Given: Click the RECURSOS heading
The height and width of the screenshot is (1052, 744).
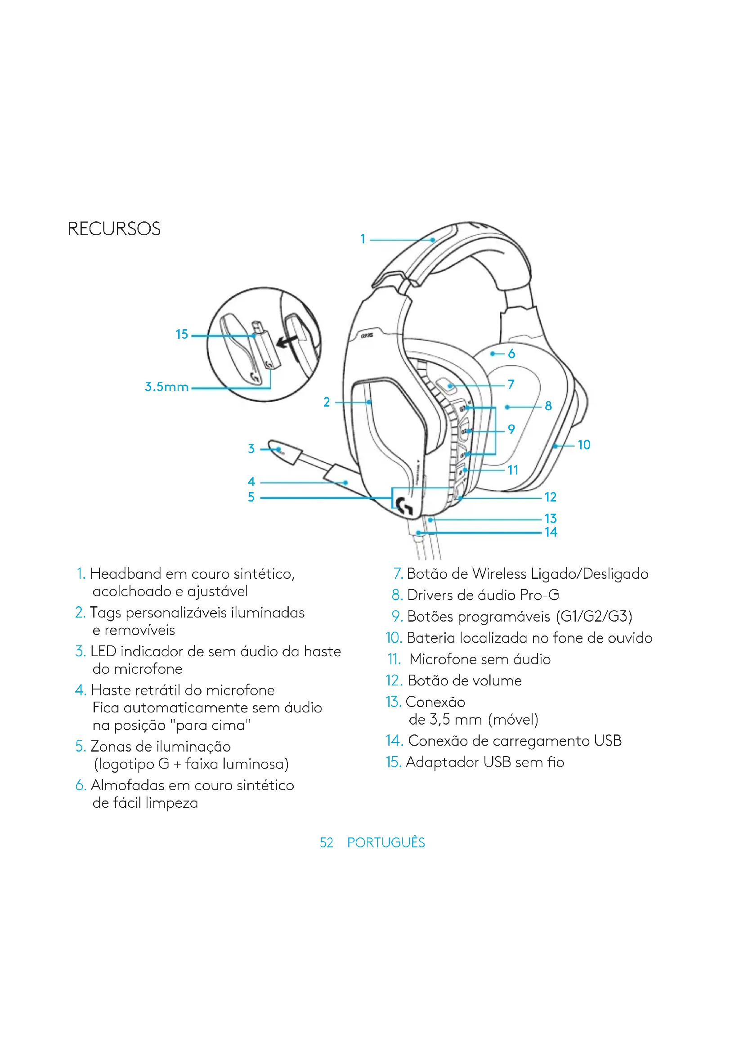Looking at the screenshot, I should coord(114,228).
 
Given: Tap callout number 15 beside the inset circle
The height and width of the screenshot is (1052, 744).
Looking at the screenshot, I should coord(182,334).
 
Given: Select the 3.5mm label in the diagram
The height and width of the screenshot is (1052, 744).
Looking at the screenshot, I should coord(166,387).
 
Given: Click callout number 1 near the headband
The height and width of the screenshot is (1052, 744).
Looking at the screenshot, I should coord(363,239).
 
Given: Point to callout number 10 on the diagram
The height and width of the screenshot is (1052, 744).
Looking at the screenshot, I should coord(584,444).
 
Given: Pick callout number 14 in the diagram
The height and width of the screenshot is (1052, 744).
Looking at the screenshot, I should coord(551,532).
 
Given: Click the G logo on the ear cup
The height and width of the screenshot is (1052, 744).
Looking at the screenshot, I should coord(404,506).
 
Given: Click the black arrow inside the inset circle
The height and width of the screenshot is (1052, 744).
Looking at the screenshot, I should coord(287,341).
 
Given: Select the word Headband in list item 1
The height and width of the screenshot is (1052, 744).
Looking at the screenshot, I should coord(125,573).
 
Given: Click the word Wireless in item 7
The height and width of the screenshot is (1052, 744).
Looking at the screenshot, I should coord(499,573).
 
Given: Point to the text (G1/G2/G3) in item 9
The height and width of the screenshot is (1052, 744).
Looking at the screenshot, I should coord(594,616).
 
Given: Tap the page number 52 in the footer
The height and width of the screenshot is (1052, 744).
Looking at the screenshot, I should coord(326,842).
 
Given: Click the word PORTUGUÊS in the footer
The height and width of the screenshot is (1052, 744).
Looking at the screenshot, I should coord(386,842).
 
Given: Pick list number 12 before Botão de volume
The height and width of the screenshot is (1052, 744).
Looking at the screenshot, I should coord(394,681).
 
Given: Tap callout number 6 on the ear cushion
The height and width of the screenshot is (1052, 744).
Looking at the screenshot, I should coord(511,354).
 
